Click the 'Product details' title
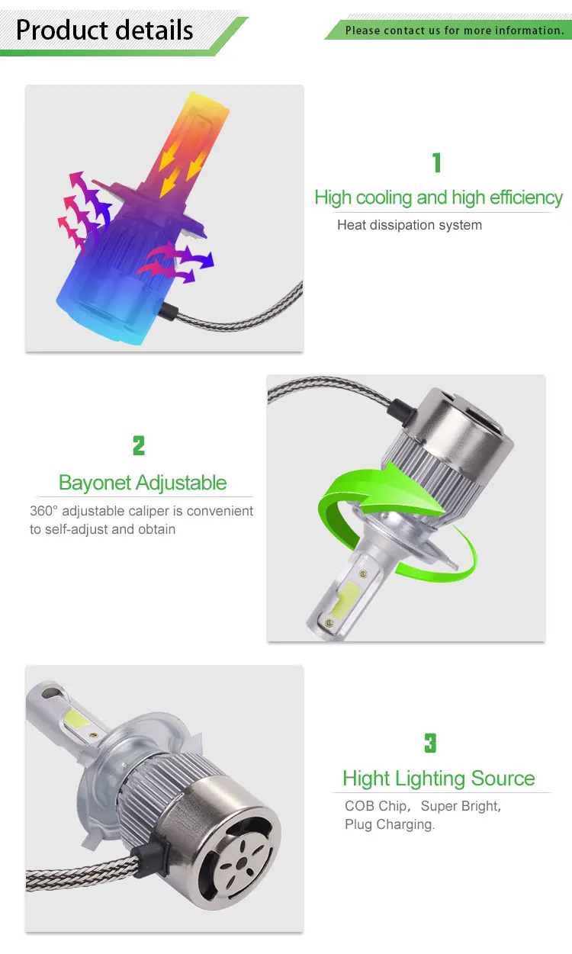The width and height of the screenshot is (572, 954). tap(104, 31)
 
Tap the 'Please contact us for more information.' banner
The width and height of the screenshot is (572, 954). tap(454, 31)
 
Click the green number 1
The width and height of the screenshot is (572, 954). tap(436, 162)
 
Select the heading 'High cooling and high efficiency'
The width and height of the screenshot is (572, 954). tap(439, 198)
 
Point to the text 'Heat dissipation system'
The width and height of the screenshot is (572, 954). tap(410, 225)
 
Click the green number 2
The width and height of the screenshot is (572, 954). tap(138, 445)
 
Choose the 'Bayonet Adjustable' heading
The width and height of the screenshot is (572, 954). tap(143, 483)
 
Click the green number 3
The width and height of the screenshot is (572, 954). tap(430, 743)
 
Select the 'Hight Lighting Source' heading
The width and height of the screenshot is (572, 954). tap(439, 779)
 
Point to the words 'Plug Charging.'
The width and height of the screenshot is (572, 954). tap(389, 824)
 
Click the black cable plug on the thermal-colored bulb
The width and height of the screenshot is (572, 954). tap(171, 310)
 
